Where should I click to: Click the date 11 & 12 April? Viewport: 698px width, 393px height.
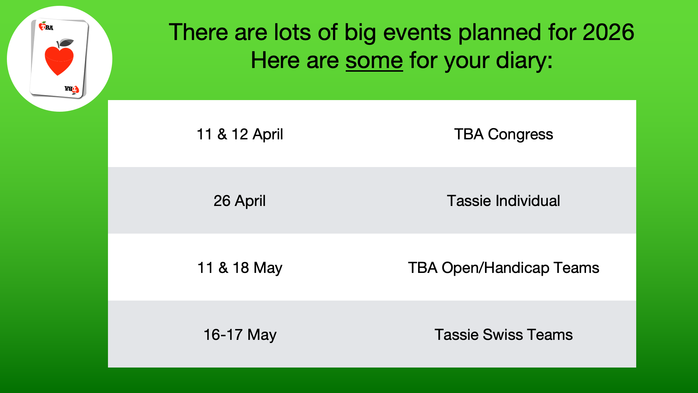coord(240,134)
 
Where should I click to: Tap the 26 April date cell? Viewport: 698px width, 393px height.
coord(240,201)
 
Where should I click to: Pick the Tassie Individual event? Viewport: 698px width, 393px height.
coord(504,201)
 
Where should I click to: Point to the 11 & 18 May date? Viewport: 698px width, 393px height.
coord(240,268)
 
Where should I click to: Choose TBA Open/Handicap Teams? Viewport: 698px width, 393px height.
coord(504,268)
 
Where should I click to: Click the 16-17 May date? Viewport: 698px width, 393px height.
coord(240,335)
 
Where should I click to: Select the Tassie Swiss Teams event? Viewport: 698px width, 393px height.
coord(504,335)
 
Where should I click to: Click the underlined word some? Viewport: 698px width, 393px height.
coord(374,60)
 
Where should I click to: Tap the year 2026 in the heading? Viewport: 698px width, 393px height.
coord(608,32)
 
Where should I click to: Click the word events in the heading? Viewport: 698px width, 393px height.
coord(417,33)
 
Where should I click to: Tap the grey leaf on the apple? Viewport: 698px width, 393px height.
coord(66,43)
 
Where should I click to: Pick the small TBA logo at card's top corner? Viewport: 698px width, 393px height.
coord(46,27)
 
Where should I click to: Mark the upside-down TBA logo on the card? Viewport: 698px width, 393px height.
coord(72,89)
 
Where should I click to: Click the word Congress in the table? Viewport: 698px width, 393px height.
coord(520,135)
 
